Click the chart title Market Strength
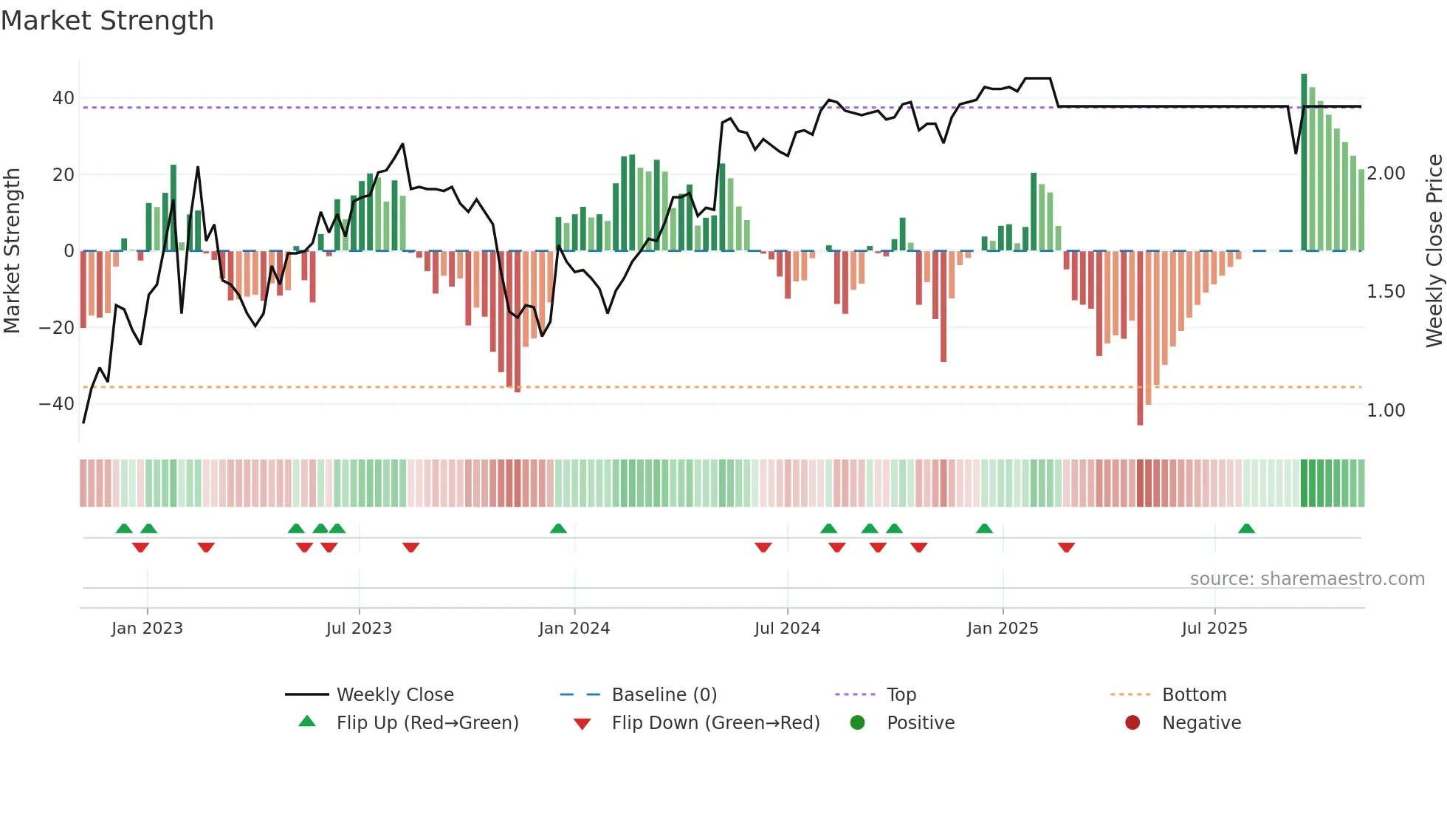[107, 21]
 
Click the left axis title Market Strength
[12, 250]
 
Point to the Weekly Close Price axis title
[1434, 250]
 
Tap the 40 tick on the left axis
[63, 98]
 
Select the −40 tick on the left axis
[57, 404]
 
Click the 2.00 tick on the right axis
[1386, 174]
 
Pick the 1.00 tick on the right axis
[1386, 411]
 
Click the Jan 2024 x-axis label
[574, 629]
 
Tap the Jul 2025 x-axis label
[1214, 629]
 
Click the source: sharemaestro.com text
[1307, 579]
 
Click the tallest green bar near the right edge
[1304, 163]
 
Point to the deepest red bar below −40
[1140, 340]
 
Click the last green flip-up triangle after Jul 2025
[1246, 529]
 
